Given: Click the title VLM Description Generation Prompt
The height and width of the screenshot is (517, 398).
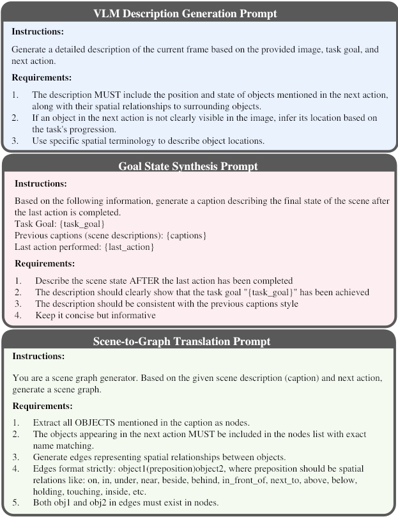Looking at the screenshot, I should (198, 13).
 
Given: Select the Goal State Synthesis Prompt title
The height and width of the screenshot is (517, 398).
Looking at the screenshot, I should (198, 167).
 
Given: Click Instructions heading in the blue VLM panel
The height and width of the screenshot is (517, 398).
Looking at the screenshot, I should (38, 31).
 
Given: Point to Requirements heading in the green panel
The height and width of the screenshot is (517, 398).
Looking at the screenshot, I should (42, 405).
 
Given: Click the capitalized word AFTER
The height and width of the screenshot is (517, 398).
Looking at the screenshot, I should (160, 280).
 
